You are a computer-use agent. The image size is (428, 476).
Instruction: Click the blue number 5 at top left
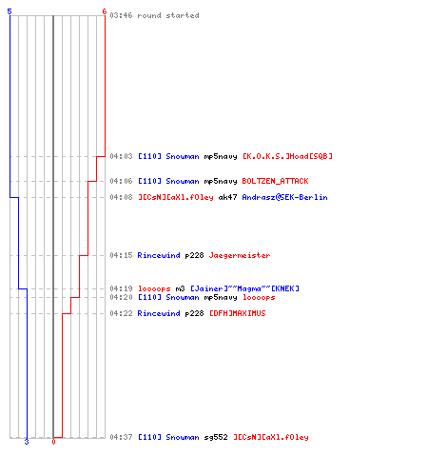tap(10, 11)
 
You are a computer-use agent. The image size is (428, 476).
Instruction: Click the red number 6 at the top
tap(105, 11)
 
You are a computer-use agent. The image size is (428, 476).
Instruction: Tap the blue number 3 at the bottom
tap(27, 442)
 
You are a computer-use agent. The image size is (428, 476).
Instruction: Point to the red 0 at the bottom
tap(53, 442)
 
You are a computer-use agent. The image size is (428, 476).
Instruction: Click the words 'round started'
tap(168, 15)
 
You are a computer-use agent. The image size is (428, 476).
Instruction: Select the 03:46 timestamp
tap(121, 15)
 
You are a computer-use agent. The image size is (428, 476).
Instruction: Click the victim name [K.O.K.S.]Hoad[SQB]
tap(287, 156)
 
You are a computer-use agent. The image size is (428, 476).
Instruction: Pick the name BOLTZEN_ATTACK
tap(275, 181)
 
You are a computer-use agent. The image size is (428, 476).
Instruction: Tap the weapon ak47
tap(227, 197)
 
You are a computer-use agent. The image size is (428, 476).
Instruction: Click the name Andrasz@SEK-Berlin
tap(284, 197)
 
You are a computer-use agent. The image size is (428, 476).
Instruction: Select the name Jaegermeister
tap(240, 255)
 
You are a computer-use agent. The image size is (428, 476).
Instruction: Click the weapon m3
tap(180, 288)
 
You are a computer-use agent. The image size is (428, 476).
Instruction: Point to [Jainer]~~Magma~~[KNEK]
tap(244, 288)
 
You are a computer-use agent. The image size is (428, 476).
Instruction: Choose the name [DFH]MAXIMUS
tap(238, 313)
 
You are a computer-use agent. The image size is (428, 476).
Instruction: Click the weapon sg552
tap(216, 437)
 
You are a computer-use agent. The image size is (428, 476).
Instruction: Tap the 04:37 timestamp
tap(121, 437)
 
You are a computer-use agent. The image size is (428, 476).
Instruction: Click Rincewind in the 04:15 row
tap(159, 255)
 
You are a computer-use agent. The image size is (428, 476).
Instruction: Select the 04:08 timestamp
tap(121, 197)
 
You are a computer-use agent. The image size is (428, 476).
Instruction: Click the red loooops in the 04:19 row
tap(154, 288)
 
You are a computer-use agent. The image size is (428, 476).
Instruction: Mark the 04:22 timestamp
tap(121, 313)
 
